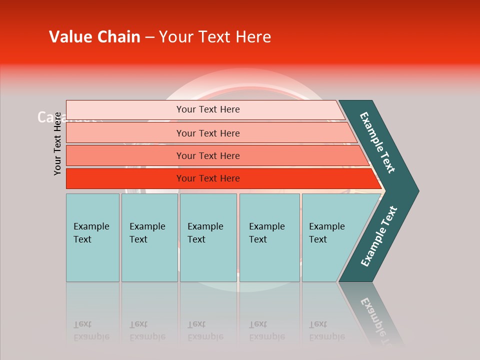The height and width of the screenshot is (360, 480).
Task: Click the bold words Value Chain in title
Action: click(94, 37)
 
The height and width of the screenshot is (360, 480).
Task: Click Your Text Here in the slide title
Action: click(215, 37)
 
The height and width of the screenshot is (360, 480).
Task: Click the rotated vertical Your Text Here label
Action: click(57, 143)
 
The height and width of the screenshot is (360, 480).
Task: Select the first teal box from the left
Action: click(92, 237)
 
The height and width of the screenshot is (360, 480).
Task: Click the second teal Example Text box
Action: click(149, 237)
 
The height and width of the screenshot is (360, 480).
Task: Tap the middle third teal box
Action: click(208, 237)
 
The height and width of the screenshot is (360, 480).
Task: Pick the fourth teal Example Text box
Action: click(269, 237)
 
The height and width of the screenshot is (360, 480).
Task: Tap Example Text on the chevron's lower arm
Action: click(379, 236)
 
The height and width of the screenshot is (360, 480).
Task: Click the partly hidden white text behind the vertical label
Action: click(45, 117)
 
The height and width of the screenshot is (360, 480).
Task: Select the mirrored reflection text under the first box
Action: click(91, 330)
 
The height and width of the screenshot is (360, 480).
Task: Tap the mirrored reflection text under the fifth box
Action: click(326, 330)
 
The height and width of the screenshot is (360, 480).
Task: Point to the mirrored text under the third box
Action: click(205, 330)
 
